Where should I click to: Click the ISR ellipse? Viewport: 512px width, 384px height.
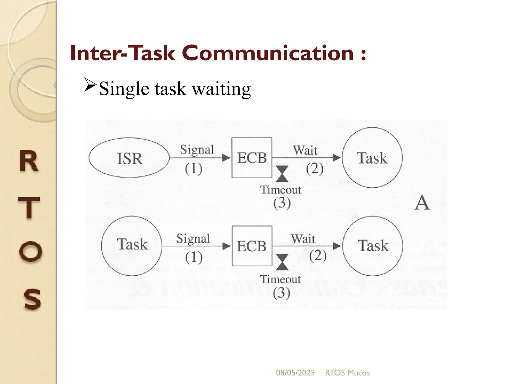[x=129, y=158]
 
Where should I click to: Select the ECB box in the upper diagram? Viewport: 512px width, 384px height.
[x=252, y=158]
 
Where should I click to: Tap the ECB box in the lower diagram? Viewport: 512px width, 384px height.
[x=252, y=246]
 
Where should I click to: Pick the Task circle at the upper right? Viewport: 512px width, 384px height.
[x=372, y=157]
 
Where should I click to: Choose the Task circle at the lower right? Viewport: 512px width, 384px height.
[x=372, y=246]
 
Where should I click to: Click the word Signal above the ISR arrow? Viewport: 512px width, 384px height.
[x=197, y=150]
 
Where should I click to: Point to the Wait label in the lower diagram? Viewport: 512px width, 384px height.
[x=303, y=239]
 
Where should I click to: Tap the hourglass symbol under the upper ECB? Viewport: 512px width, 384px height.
[x=282, y=174]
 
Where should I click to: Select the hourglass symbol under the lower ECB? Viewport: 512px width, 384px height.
[x=282, y=262]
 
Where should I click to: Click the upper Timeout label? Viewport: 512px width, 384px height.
[x=280, y=190]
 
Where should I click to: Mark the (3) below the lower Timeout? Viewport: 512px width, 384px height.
[x=281, y=293]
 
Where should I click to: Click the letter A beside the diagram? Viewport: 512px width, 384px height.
[x=422, y=202]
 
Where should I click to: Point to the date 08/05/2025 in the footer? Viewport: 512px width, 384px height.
[x=295, y=373]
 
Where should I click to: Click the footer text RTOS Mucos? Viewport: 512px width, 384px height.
[x=347, y=373]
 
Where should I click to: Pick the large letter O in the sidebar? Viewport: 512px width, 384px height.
[x=30, y=251]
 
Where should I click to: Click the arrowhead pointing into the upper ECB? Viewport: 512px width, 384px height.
[x=226, y=158]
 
